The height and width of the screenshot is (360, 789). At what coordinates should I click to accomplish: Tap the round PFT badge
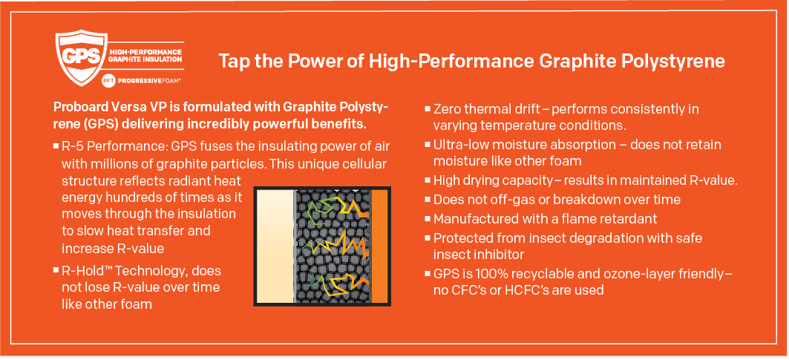coord(106,79)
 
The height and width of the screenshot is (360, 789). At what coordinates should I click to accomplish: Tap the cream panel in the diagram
coord(275,246)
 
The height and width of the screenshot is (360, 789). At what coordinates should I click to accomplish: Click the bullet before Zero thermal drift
coord(428,109)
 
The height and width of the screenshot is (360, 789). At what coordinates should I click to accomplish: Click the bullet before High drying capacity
coord(428,180)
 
